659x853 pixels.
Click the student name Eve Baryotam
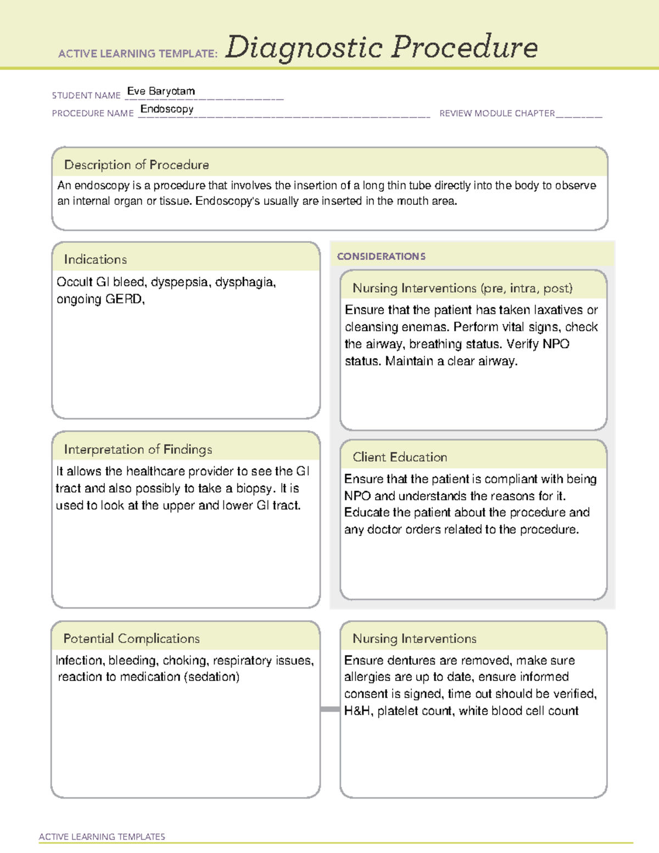[161, 91]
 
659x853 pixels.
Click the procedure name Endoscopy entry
[167, 109]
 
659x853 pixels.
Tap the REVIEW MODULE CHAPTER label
[496, 113]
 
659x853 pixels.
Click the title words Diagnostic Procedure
[381, 47]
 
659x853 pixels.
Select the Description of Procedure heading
[136, 165]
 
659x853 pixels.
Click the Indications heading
[95, 259]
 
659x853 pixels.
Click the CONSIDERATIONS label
[381, 257]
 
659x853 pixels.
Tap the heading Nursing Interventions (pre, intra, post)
[462, 288]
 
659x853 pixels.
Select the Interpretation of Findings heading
[138, 449]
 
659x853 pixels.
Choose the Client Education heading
[400, 457]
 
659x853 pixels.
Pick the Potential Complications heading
[131, 638]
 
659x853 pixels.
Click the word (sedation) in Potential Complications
[211, 677]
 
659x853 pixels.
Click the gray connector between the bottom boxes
[329, 709]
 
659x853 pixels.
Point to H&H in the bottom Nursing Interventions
[358, 711]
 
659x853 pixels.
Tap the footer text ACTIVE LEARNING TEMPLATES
[102, 837]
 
